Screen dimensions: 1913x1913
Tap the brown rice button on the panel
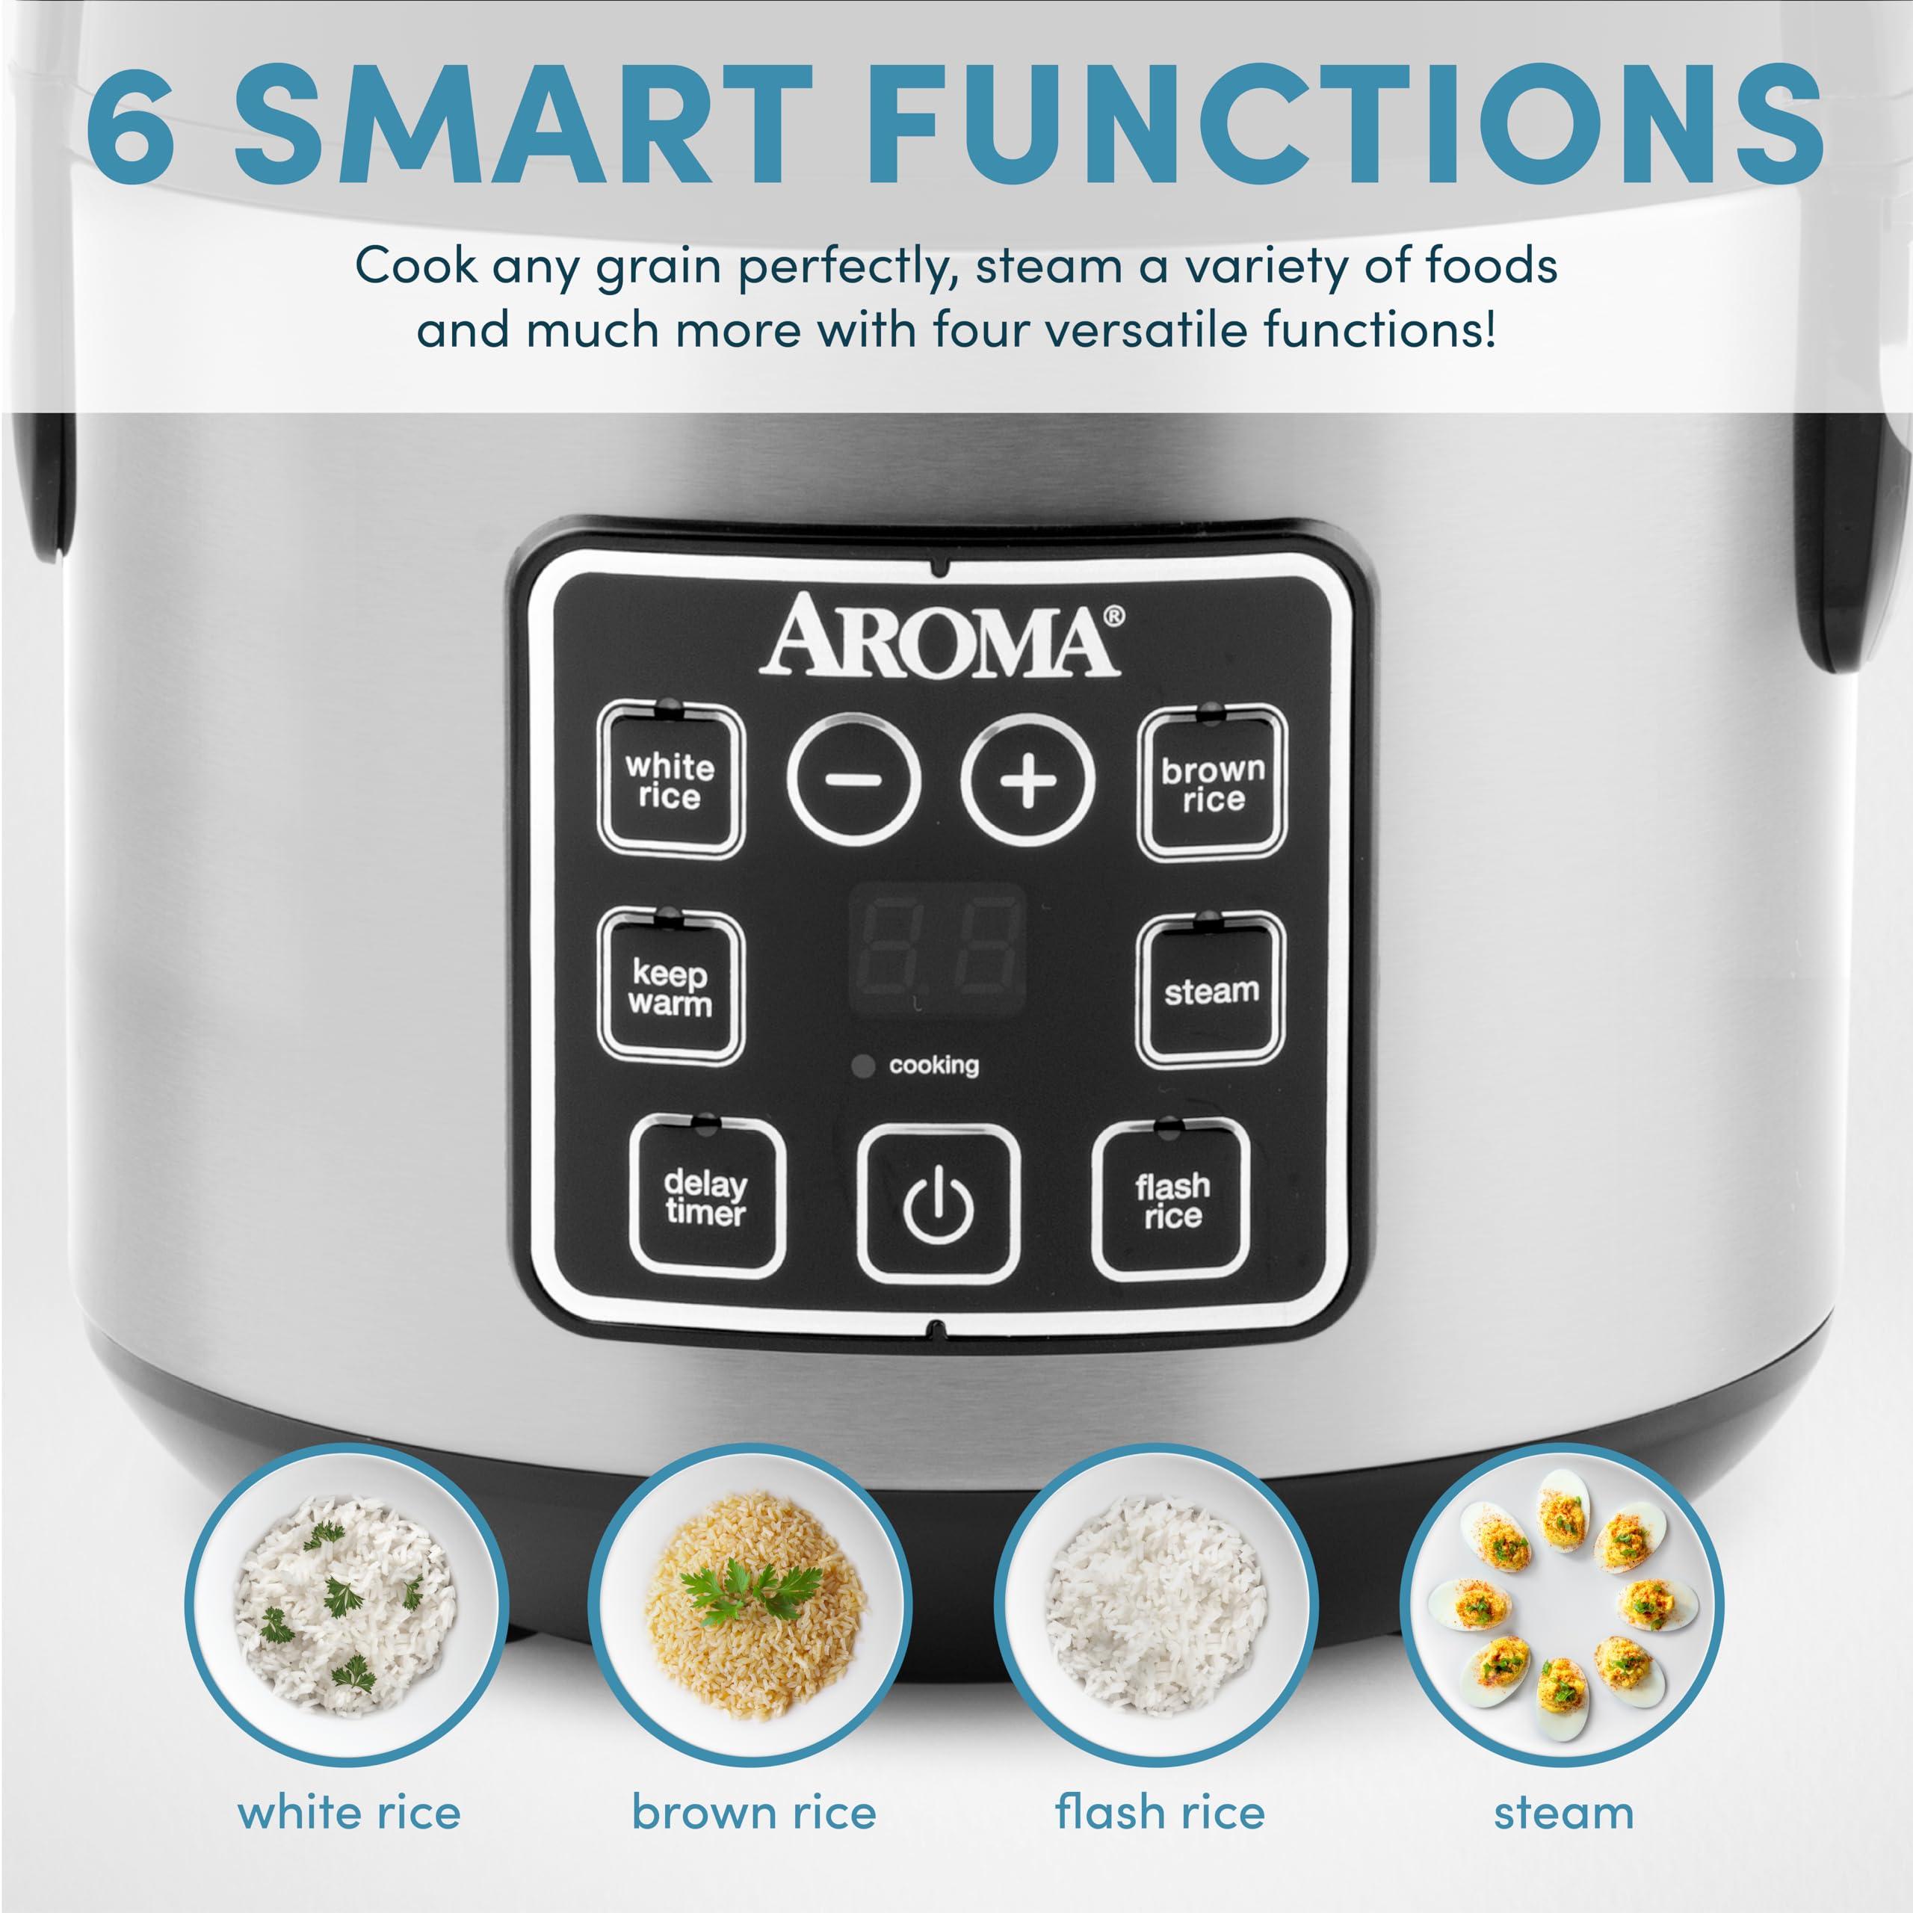click(x=1212, y=783)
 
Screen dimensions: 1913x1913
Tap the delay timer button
click(x=706, y=1197)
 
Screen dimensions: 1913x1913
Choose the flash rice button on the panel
click(x=1172, y=1199)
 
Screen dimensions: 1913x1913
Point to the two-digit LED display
click(x=936, y=948)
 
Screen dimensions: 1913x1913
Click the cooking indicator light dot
click(x=863, y=1066)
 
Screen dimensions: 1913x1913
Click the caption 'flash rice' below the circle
click(x=1160, y=1813)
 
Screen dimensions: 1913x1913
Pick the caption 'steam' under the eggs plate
click(x=1563, y=1813)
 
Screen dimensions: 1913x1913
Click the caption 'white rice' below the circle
click(x=350, y=1813)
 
